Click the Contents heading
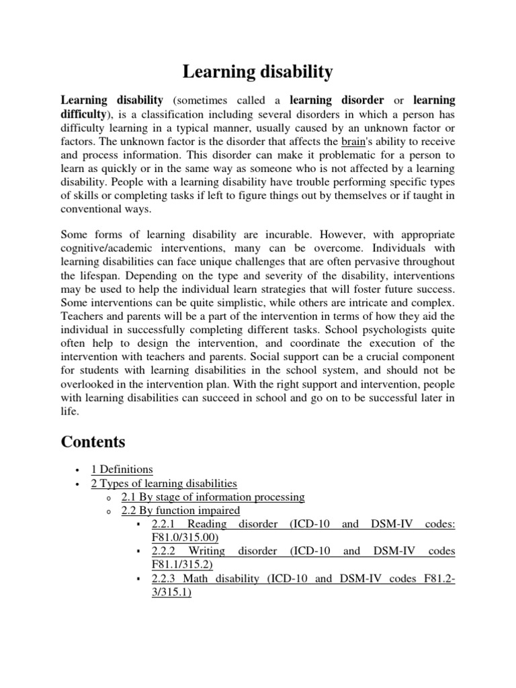coord(93,441)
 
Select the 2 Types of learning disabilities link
coord(164,483)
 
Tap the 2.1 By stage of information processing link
coord(213,497)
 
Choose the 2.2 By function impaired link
coord(180,511)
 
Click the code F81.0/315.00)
coord(185,537)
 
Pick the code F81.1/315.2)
coord(183,565)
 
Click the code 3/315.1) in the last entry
coord(172,593)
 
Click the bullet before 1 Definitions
coord(79,470)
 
